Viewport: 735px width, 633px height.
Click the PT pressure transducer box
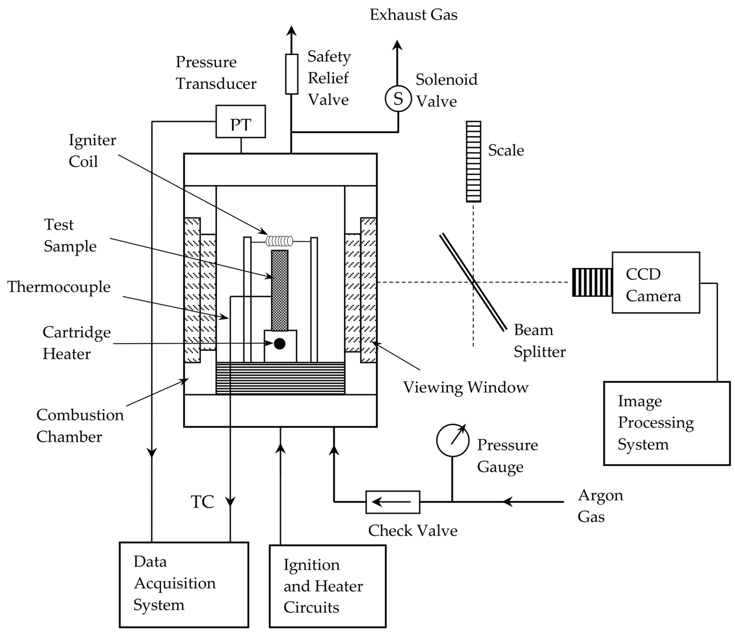click(241, 121)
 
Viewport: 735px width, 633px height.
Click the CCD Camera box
click(656, 282)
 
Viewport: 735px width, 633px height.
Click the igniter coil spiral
click(280, 241)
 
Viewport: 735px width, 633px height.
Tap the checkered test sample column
click(280, 290)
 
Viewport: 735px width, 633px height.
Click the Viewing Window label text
click(466, 387)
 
